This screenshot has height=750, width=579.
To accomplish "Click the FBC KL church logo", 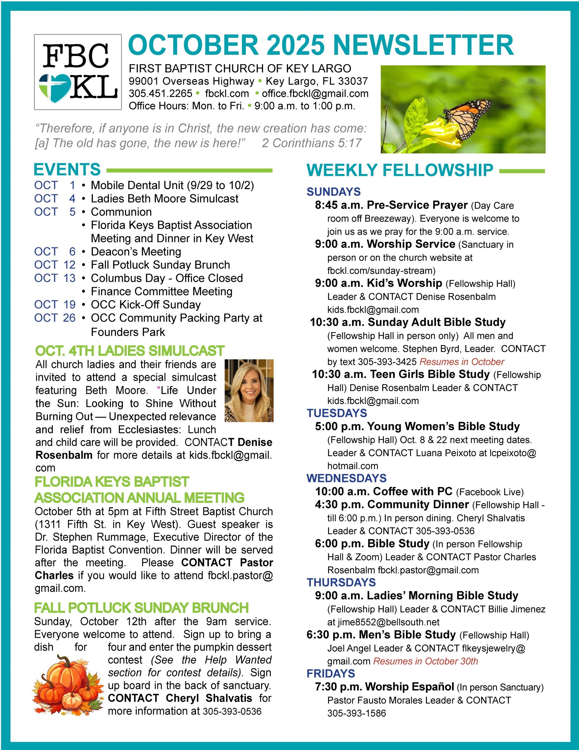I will pyautogui.click(x=78, y=72).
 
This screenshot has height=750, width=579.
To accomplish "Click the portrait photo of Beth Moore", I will pyautogui.click(x=249, y=391).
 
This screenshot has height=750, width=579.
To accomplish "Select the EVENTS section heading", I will pyautogui.click(x=67, y=170).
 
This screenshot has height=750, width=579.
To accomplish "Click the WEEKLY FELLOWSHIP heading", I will pyautogui.click(x=400, y=170).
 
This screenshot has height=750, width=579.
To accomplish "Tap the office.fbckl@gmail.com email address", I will pyautogui.click(x=315, y=93).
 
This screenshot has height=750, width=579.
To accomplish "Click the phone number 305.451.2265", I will pyautogui.click(x=160, y=93).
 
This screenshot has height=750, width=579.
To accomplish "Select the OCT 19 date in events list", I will pyautogui.click(x=54, y=305).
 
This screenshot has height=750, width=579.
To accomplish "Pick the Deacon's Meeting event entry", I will pyautogui.click(x=136, y=252).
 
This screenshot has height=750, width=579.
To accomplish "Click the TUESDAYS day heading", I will pyautogui.click(x=337, y=413).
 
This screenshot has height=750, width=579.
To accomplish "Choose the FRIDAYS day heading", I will pyautogui.click(x=331, y=674).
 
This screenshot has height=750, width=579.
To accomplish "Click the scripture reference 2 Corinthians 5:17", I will pyautogui.click(x=312, y=143).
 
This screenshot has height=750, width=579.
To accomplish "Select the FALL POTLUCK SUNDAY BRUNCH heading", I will pyautogui.click(x=141, y=608).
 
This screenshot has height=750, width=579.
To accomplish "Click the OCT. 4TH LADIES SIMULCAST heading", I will pyautogui.click(x=130, y=351).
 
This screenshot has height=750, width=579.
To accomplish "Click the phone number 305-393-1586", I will pyautogui.click(x=357, y=713).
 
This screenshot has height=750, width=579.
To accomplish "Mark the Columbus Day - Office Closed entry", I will pyautogui.click(x=167, y=278).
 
